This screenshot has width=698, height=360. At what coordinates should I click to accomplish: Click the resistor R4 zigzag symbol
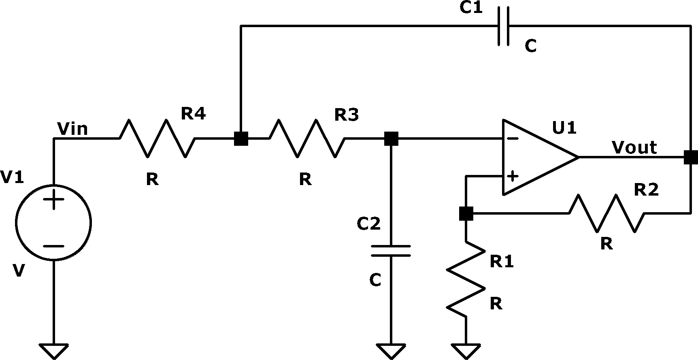(x=157, y=138)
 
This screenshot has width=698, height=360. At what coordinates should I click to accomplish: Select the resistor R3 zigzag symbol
(x=307, y=138)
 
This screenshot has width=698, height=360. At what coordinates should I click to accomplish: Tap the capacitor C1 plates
(x=503, y=26)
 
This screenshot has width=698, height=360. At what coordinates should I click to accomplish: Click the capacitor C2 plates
(x=391, y=251)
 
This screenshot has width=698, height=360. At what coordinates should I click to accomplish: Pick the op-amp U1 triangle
(x=540, y=157)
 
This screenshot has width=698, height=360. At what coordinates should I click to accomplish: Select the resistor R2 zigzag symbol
(x=606, y=213)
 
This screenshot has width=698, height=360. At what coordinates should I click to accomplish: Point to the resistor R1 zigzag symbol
(x=466, y=280)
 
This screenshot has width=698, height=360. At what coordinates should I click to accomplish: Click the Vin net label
(x=73, y=129)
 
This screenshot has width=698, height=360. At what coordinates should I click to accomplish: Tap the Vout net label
(x=634, y=147)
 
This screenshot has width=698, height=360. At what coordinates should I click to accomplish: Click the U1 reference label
(x=564, y=128)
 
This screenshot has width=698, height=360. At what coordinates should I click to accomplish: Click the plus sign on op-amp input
(x=513, y=176)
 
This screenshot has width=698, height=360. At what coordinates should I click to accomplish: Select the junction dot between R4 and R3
(x=241, y=138)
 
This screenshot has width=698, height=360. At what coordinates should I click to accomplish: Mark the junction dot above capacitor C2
(x=391, y=138)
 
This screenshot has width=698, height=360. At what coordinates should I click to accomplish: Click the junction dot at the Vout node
(x=691, y=157)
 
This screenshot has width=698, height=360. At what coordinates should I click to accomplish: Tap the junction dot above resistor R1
(x=466, y=213)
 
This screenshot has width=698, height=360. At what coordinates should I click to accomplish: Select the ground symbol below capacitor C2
(x=391, y=351)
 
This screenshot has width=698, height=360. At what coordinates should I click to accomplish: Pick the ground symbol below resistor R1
(x=466, y=351)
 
